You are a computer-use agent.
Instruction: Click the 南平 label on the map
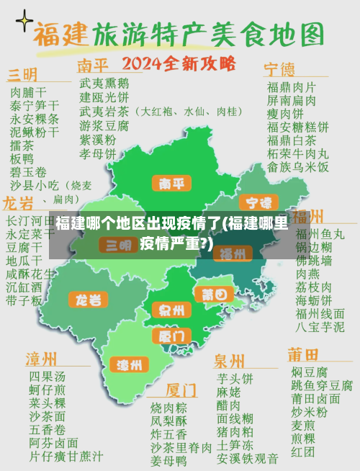tap(171, 184)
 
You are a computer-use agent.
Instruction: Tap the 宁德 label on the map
tap(258, 202)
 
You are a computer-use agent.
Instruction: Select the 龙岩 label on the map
tap(89, 299)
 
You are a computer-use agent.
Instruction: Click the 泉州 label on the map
tap(171, 311)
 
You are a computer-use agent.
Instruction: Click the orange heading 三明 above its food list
tap(23, 76)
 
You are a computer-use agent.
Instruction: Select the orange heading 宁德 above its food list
tap(279, 69)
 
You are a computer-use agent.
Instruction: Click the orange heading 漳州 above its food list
tap(42, 359)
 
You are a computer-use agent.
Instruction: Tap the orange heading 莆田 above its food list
tap(303, 355)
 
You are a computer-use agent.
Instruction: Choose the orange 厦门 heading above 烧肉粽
tap(181, 390)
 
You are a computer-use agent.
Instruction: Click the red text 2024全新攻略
tap(179, 63)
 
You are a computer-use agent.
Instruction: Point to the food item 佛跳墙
tap(315, 259)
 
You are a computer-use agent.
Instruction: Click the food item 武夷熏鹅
tap(104, 83)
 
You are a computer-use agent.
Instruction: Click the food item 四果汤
tap(47, 376)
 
